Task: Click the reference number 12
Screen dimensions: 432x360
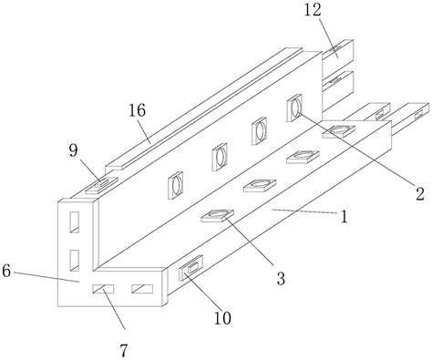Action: (x=313, y=10)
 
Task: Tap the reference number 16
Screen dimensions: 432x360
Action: (x=137, y=110)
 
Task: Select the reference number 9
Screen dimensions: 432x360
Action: (x=73, y=150)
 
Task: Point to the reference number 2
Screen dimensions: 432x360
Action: (x=420, y=193)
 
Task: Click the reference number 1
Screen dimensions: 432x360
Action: (x=344, y=217)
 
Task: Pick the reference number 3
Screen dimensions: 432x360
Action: (x=281, y=278)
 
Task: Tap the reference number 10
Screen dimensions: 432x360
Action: (x=222, y=318)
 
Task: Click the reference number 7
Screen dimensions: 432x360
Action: (x=123, y=351)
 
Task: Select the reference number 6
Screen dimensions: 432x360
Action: (x=6, y=271)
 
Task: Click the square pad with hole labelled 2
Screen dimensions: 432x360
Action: (x=294, y=108)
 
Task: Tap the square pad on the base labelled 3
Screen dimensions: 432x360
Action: (x=217, y=215)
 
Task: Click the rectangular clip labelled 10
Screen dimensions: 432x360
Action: (x=191, y=268)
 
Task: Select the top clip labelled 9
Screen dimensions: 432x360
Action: (x=102, y=186)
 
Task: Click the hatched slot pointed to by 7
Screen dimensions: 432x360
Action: (x=103, y=289)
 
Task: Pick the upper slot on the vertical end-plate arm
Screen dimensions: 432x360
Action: (x=75, y=222)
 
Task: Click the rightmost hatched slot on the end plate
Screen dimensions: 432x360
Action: (x=142, y=289)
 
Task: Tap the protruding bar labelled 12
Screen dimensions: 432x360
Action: (x=338, y=51)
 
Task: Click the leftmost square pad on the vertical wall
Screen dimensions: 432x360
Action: (x=176, y=185)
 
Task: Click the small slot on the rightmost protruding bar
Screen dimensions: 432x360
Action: (x=418, y=114)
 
